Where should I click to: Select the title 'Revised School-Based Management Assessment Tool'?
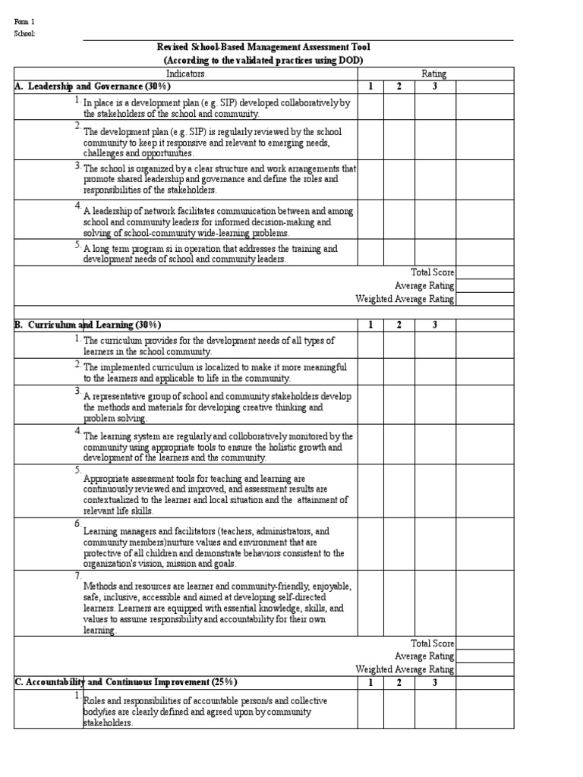click(x=264, y=47)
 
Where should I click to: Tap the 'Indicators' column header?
click(x=185, y=74)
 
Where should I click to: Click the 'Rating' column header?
click(x=433, y=74)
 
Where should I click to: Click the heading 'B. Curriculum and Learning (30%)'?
click(x=87, y=325)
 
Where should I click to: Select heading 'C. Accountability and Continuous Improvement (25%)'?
click(x=128, y=682)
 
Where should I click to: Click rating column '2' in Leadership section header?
click(x=399, y=87)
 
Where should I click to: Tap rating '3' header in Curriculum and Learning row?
click(x=435, y=325)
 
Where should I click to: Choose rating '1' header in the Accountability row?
click(x=370, y=682)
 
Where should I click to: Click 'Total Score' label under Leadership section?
click(x=433, y=272)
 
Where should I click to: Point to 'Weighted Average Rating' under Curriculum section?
click(x=405, y=669)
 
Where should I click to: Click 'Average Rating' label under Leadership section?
click(x=424, y=286)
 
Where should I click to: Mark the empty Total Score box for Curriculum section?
click(x=485, y=643)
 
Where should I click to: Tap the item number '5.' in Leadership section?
click(x=77, y=244)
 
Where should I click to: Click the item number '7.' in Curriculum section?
click(x=77, y=576)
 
